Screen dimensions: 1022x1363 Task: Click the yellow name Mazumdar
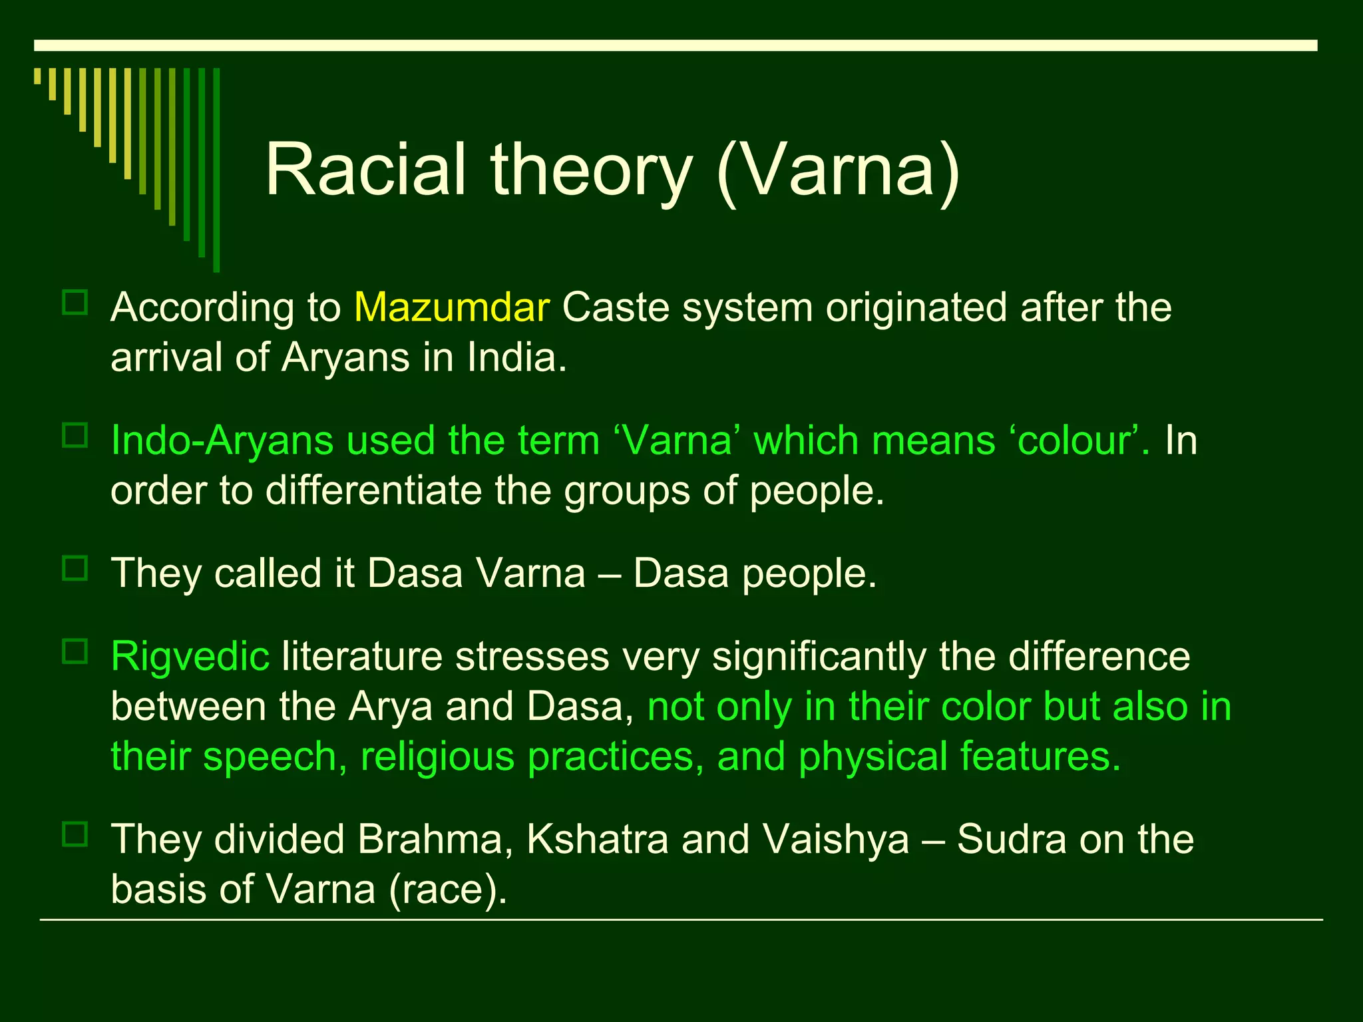[452, 307]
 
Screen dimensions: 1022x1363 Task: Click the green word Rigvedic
[190, 657]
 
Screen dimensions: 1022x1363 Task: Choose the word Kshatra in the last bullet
[597, 839]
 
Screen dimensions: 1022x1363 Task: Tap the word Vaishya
[836, 839]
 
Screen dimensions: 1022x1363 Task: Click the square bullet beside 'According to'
[75, 303]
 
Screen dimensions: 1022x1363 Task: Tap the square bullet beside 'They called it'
[75, 569]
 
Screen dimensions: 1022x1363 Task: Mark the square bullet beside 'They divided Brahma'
[75, 834]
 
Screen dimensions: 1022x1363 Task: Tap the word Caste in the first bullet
[616, 307]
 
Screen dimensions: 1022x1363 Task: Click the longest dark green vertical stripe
[216, 170]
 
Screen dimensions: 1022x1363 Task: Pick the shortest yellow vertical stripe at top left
[37, 76]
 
